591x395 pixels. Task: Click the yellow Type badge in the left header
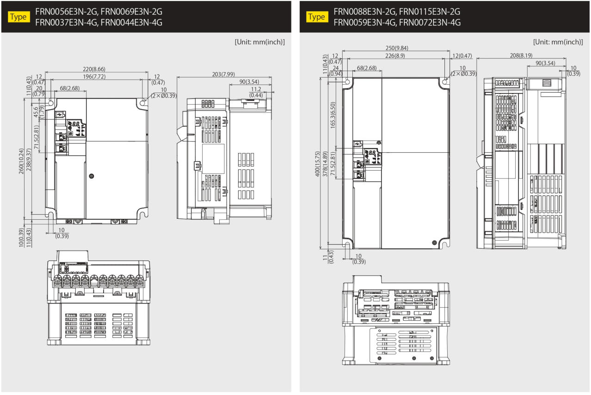click(x=19, y=17)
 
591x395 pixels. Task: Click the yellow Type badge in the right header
click(x=317, y=17)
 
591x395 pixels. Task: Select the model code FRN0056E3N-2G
click(x=67, y=12)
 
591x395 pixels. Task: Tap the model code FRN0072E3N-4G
click(x=430, y=22)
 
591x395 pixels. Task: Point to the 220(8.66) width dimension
click(x=94, y=69)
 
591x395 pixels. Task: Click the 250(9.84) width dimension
click(x=397, y=48)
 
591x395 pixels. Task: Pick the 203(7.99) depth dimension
click(x=223, y=74)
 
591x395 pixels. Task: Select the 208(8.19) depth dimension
click(x=521, y=56)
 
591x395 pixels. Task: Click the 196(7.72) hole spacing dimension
click(x=94, y=76)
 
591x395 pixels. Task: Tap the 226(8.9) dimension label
click(x=395, y=56)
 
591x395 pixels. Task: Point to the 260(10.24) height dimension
click(x=21, y=161)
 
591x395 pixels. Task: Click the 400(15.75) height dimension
click(x=317, y=164)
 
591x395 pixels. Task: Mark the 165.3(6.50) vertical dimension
click(x=332, y=115)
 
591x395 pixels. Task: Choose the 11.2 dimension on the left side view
click(x=256, y=89)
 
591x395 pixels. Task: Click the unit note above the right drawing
click(x=558, y=42)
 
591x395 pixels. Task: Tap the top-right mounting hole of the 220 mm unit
click(x=142, y=103)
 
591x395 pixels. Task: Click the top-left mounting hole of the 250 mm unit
click(x=347, y=82)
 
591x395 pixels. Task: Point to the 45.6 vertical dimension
click(x=36, y=112)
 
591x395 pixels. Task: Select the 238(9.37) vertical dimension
click(x=29, y=160)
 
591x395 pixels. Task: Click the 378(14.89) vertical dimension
click(x=325, y=164)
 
